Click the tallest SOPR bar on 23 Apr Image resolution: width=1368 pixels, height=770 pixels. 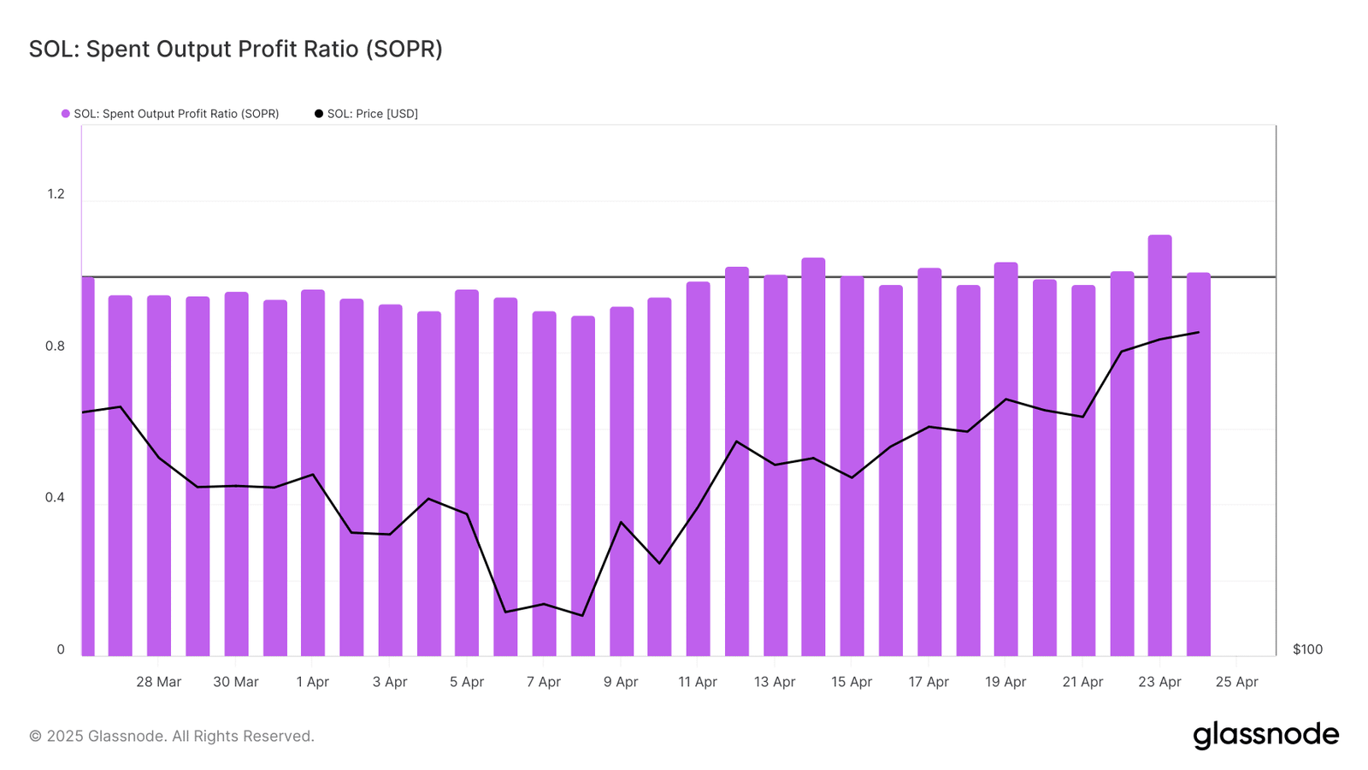1159,445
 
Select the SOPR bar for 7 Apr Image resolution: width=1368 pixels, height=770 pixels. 544,483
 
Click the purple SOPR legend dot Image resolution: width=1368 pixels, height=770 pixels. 65,114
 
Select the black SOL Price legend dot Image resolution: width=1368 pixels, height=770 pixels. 319,114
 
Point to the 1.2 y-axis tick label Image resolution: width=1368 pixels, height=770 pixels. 56,194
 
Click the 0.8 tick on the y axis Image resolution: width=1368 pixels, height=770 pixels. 56,346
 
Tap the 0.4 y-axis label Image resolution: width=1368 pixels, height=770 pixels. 56,498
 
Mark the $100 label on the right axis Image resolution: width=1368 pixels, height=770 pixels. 1307,649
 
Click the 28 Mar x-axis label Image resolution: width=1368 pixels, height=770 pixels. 159,682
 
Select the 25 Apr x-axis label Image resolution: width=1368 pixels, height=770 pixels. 1236,682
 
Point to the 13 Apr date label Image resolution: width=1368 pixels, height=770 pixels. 775,682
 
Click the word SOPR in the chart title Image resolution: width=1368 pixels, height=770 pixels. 404,50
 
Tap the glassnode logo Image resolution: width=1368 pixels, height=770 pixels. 1265,735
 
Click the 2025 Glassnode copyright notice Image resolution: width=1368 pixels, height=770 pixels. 172,736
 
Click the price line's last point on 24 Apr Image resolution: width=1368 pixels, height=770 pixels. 1198,332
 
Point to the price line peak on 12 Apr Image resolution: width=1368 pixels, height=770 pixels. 736,441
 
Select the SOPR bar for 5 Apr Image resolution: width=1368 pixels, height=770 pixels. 467,472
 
